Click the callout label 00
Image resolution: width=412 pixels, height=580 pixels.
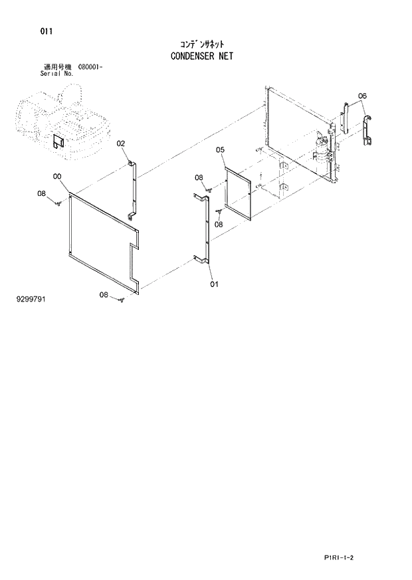58,176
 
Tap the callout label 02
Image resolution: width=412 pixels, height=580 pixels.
121,144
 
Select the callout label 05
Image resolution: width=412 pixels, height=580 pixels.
221,151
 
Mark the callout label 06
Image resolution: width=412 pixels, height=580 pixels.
362,96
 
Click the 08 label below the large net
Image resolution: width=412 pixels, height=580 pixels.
104,294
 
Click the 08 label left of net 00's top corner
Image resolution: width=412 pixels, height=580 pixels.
41,194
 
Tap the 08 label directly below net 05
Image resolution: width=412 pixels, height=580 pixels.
219,224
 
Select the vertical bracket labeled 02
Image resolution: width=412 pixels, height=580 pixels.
134,189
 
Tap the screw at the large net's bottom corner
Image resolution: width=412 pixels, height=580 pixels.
122,301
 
